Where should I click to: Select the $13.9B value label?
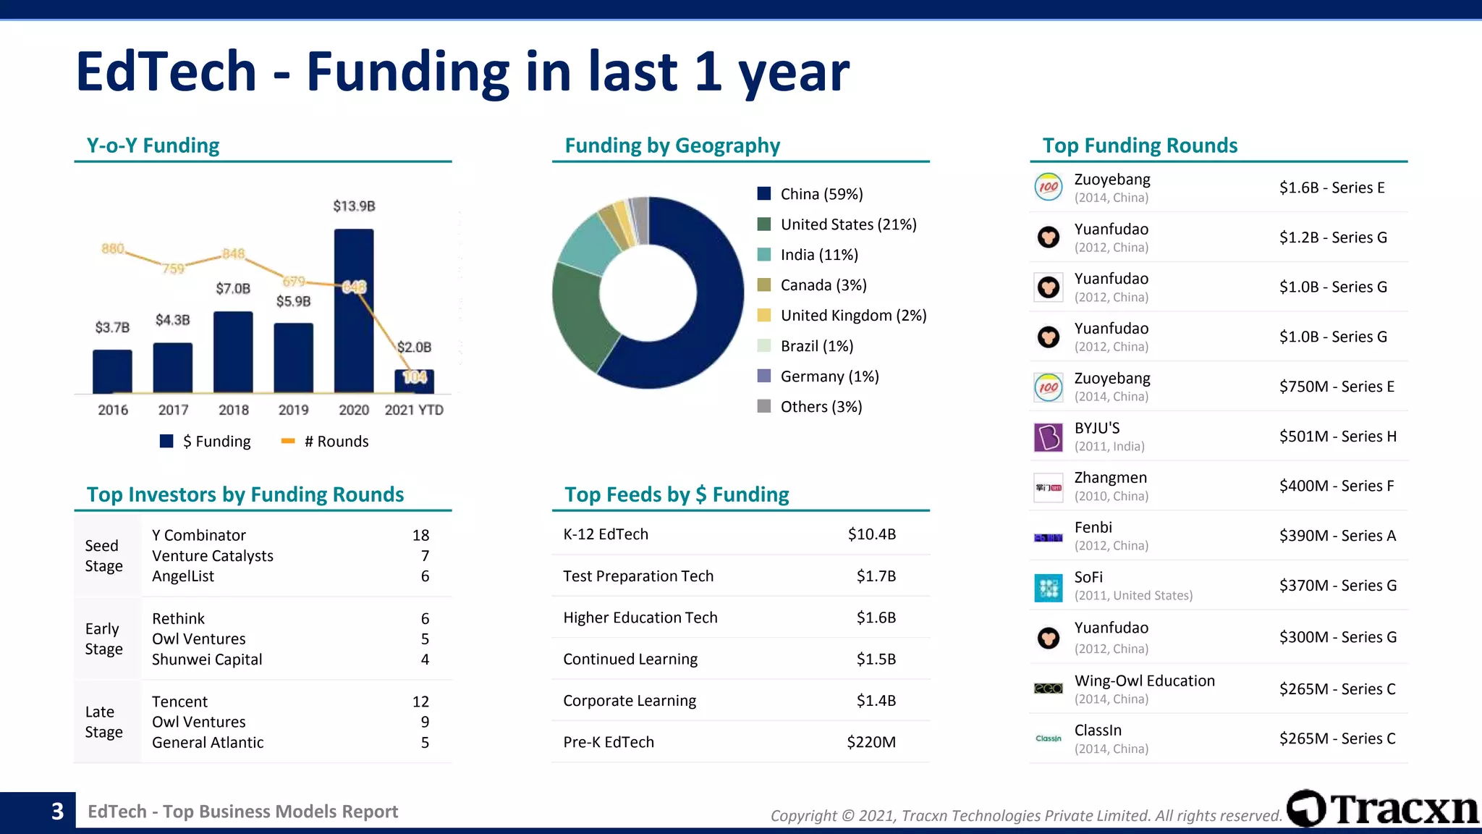click(x=354, y=206)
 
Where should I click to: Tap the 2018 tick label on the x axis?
click(x=233, y=410)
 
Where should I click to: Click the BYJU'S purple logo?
click(x=1048, y=437)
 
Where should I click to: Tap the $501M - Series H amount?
click(x=1337, y=437)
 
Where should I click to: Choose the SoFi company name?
click(x=1088, y=577)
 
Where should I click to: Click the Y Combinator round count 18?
click(x=420, y=535)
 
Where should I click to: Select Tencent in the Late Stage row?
click(x=179, y=702)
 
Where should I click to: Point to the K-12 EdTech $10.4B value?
click(x=871, y=534)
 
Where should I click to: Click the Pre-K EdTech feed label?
click(x=609, y=742)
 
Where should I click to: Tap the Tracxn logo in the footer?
click(x=1382, y=809)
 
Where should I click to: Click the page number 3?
click(x=57, y=812)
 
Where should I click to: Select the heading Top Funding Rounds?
click(x=1140, y=146)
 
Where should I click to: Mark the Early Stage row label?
click(x=103, y=639)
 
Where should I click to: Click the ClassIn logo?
click(x=1048, y=738)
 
